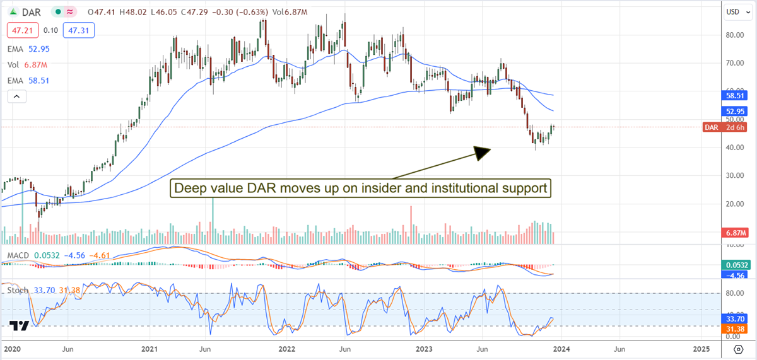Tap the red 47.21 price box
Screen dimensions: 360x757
click(x=20, y=29)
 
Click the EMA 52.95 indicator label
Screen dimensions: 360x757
click(x=29, y=49)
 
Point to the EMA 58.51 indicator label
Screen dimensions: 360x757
click(x=29, y=81)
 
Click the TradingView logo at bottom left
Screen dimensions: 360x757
click(x=19, y=327)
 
